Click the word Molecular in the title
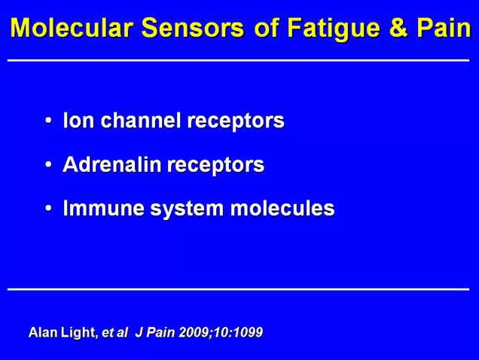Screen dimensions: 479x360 (x=72, y=28)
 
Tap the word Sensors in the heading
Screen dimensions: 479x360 (x=193, y=28)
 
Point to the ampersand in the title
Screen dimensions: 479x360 (x=398, y=28)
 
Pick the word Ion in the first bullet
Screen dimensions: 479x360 (x=78, y=120)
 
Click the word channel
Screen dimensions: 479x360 (x=141, y=120)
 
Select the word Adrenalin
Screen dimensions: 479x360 (x=111, y=164)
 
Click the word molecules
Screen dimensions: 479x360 (x=282, y=208)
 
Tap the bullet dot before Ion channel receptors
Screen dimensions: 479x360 (x=48, y=121)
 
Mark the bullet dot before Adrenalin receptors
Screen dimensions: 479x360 (x=48, y=164)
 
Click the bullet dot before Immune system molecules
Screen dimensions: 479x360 (x=48, y=209)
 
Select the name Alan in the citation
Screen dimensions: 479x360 (x=43, y=332)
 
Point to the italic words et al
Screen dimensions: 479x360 (x=114, y=332)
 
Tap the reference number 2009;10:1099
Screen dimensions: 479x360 (x=221, y=332)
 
